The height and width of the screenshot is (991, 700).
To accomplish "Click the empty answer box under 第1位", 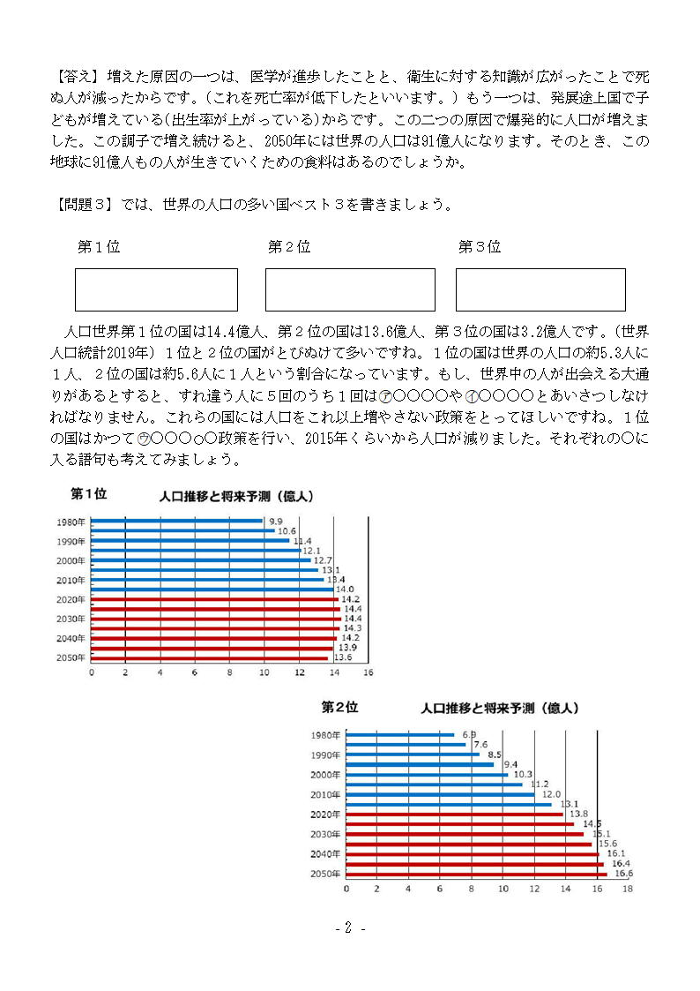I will [x=156, y=289].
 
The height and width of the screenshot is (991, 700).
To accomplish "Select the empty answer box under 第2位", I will [x=350, y=289].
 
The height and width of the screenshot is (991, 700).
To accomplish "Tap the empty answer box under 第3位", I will [x=540, y=289].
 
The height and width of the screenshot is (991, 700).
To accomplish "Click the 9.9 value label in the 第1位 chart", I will [x=276, y=522].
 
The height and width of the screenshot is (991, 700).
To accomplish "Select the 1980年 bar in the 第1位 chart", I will [x=177, y=522].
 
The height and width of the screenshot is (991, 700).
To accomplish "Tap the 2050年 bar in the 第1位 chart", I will [x=210, y=658].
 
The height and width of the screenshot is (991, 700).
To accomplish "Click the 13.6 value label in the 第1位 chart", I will [x=342, y=658].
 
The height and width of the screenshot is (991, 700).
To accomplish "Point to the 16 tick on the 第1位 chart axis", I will [x=368, y=673].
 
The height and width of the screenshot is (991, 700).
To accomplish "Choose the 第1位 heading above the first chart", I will [x=89, y=494].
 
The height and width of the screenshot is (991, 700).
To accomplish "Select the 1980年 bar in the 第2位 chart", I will [x=400, y=735].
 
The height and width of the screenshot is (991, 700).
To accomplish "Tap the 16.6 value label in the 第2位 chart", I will [x=623, y=874].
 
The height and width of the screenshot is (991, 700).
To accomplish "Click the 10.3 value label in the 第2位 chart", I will [x=524, y=775].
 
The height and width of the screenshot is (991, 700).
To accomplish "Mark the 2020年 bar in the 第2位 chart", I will [x=455, y=815].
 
